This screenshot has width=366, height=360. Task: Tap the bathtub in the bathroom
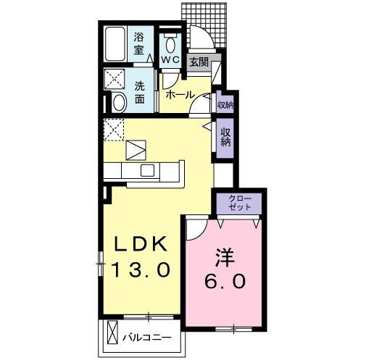pyautogui.click(x=115, y=43)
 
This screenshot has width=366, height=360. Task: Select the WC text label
pyautogui.click(x=170, y=59)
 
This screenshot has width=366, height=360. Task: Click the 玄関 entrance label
pyautogui.click(x=198, y=62)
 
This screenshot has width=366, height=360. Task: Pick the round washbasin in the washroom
pyautogui.click(x=118, y=102)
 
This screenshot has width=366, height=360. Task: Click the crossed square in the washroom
pyautogui.click(x=115, y=78)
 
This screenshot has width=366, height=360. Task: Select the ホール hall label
pyautogui.click(x=178, y=95)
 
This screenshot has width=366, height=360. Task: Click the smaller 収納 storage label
pyautogui.click(x=225, y=105)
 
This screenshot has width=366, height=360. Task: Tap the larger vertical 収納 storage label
pyautogui.click(x=225, y=137)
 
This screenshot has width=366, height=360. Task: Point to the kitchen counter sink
pyautogui.click(x=148, y=171)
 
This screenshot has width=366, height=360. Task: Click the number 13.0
pyautogui.click(x=141, y=269)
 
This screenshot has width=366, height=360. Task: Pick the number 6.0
pyautogui.click(x=223, y=280)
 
